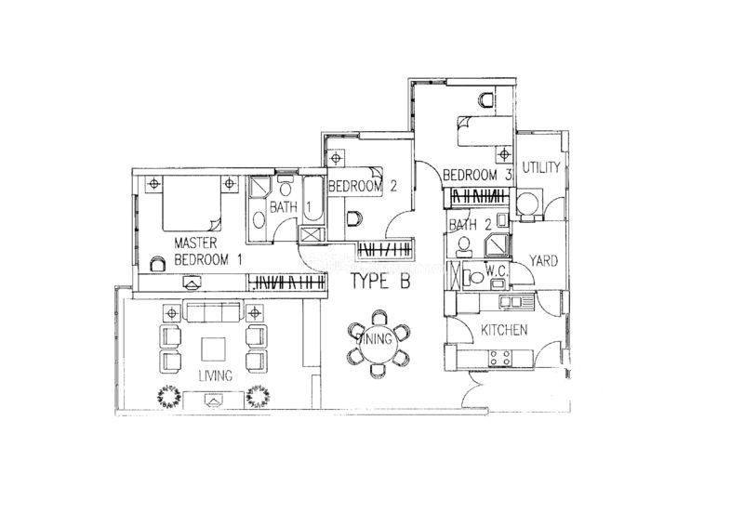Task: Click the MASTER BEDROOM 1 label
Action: (x=208, y=251)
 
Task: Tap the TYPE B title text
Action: (x=380, y=282)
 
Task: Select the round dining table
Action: (x=379, y=344)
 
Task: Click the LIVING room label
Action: (x=216, y=375)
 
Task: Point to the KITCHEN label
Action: (x=504, y=330)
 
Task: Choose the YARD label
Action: (x=543, y=261)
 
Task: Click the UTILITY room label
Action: (x=541, y=167)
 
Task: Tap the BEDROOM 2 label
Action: (x=362, y=186)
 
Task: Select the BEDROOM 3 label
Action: (x=477, y=175)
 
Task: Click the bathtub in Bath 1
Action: (x=312, y=200)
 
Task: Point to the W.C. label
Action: (x=497, y=271)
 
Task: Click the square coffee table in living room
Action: (x=214, y=349)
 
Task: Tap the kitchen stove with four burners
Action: (x=500, y=358)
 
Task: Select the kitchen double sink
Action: (x=510, y=301)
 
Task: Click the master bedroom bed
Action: (x=193, y=203)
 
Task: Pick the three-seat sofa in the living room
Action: (x=213, y=311)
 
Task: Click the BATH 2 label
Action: (x=471, y=225)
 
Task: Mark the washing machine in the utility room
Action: (x=528, y=204)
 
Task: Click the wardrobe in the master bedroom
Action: (x=286, y=283)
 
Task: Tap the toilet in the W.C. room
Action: (x=472, y=277)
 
